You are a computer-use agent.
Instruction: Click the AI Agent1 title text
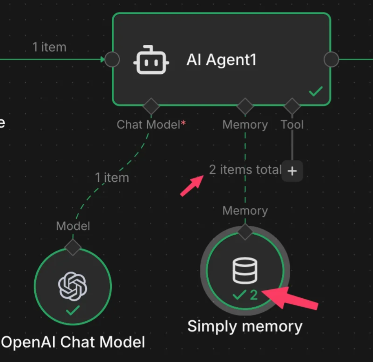[221, 60]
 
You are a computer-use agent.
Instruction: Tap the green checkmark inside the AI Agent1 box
[316, 91]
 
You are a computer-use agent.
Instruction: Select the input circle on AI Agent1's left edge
[112, 59]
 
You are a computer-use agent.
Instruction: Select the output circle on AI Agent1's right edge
[331, 59]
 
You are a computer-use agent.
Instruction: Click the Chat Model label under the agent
[148, 124]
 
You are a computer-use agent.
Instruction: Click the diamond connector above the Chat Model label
[151, 106]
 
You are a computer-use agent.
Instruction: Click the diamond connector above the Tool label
[292, 106]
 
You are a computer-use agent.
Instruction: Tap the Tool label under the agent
[292, 124]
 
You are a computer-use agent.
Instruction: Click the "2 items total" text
[245, 170]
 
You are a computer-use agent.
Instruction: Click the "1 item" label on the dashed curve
[112, 178]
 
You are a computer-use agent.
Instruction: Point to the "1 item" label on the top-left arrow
[49, 47]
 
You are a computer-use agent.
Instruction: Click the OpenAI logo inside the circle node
[73, 286]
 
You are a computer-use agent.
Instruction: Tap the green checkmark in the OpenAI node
[72, 310]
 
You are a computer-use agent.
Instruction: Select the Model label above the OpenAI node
[73, 226]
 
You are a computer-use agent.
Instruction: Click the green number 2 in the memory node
[254, 295]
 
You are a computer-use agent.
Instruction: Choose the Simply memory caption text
[245, 326]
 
